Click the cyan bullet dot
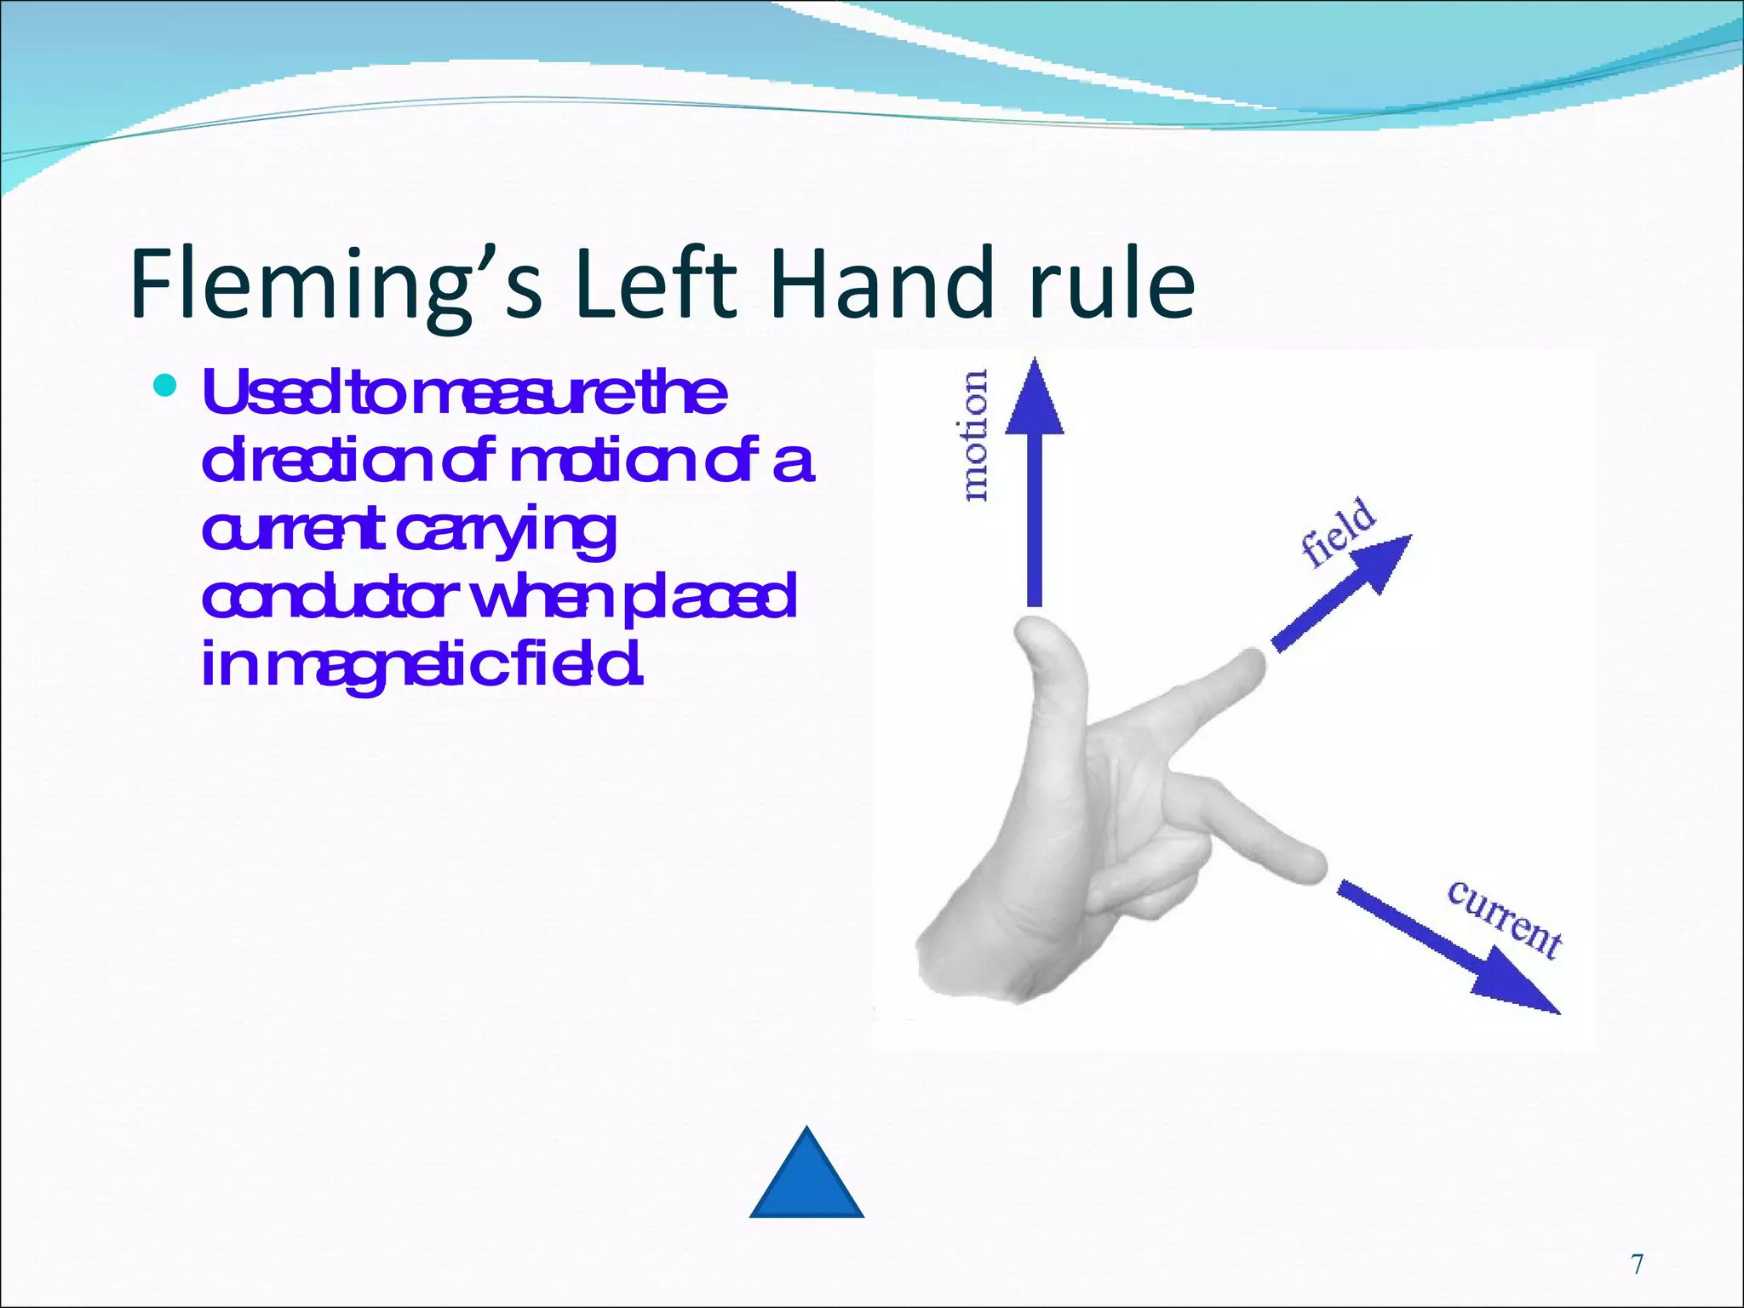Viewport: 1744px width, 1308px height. coord(165,387)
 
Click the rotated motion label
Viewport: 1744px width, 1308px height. coord(974,435)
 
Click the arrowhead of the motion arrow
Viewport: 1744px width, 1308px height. coord(1035,397)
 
